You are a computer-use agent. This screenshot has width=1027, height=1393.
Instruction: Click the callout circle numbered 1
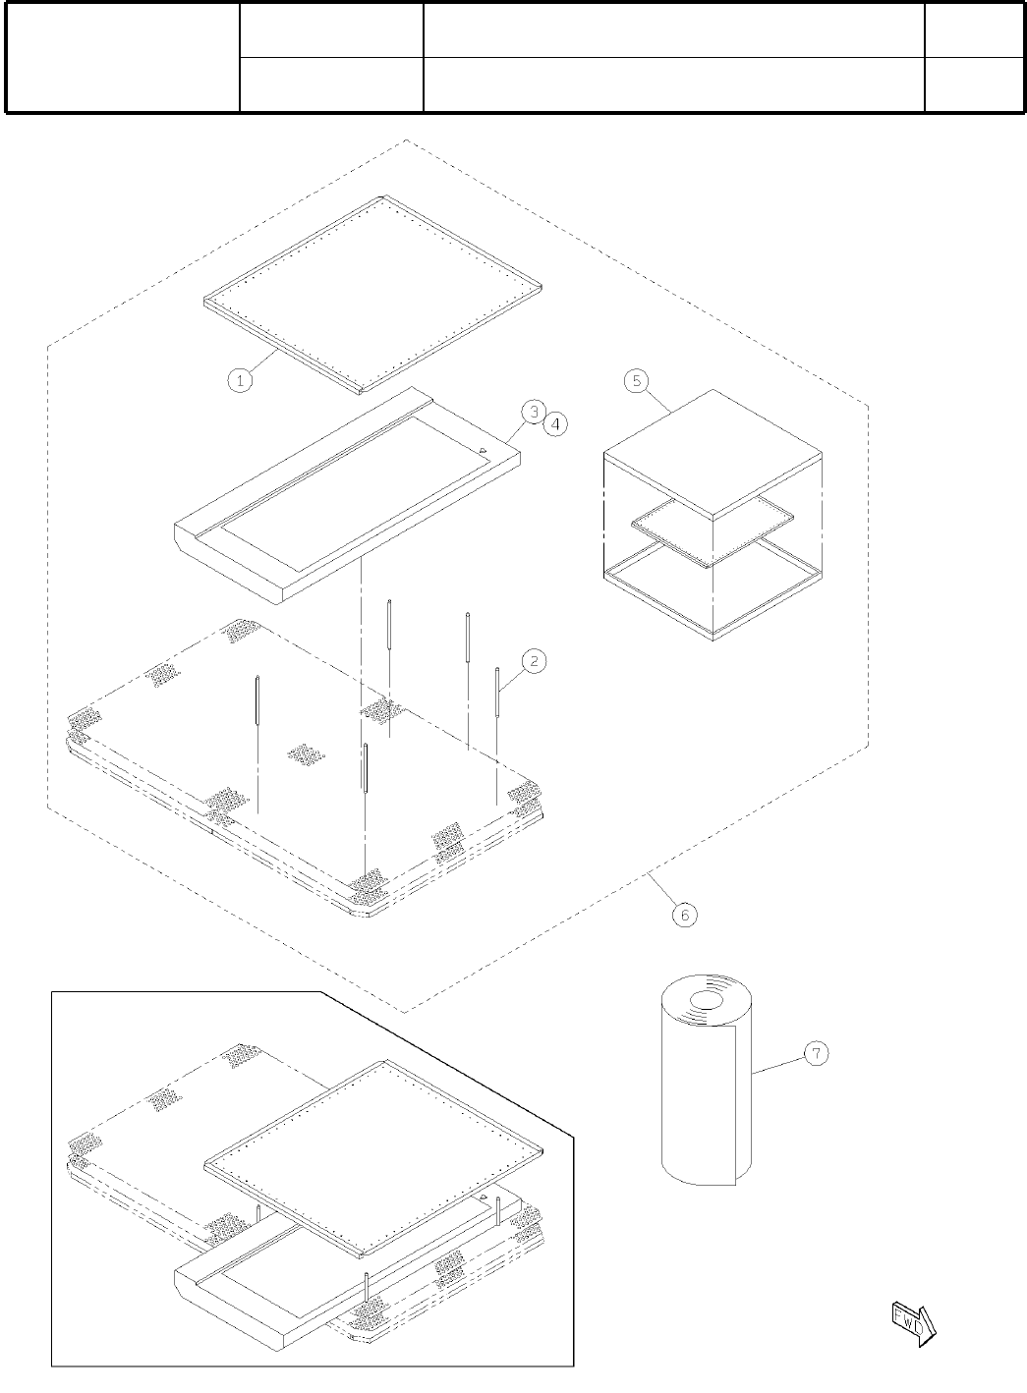coord(241,379)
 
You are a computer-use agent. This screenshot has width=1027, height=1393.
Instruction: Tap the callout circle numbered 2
coord(534,661)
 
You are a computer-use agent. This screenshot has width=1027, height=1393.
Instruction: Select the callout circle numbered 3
coord(532,412)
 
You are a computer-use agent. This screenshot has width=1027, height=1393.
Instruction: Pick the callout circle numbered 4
coord(554,424)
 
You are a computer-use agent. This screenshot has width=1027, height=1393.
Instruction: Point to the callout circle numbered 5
coord(637,380)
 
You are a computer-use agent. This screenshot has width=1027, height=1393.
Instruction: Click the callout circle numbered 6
coord(684,914)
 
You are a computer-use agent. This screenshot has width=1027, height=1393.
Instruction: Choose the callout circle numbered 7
coord(816,1053)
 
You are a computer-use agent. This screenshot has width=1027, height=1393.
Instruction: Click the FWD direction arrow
coord(913,1320)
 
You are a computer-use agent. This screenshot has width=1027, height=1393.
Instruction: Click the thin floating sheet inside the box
coord(712,531)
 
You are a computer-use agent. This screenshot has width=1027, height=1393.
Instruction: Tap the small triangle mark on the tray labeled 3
coord(484,451)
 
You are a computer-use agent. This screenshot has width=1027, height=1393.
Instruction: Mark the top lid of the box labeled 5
coord(713,451)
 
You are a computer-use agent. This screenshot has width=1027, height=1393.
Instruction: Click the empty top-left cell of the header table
coord(123,58)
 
